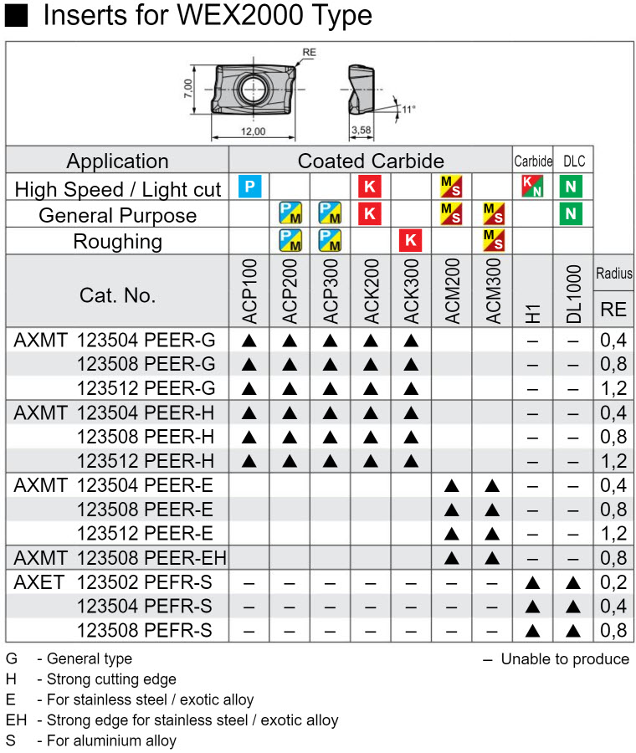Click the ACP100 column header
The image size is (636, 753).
pyautogui.click(x=249, y=291)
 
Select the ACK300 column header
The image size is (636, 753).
pyautogui.click(x=411, y=291)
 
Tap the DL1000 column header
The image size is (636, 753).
pyautogui.click(x=573, y=294)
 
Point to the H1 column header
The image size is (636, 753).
pyautogui.click(x=533, y=314)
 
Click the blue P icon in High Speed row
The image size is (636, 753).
pyautogui.click(x=249, y=187)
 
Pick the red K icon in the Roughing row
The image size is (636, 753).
pyautogui.click(x=411, y=240)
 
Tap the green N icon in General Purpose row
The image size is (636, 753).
pyautogui.click(x=571, y=213)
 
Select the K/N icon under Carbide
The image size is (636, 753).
pyautogui.click(x=532, y=187)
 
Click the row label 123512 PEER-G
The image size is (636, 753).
pyautogui.click(x=146, y=388)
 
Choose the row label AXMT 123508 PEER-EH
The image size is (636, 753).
pyautogui.click(x=121, y=558)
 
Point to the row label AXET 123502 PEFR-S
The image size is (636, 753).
pyautogui.click(x=113, y=582)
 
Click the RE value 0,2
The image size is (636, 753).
pyautogui.click(x=613, y=582)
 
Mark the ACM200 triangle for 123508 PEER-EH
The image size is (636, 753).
pyautogui.click(x=452, y=558)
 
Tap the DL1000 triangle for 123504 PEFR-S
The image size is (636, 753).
pyautogui.click(x=573, y=607)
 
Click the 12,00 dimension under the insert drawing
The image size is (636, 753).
pyautogui.click(x=254, y=131)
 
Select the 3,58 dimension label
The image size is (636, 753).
pyautogui.click(x=362, y=130)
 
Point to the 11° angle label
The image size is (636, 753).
pyautogui.click(x=408, y=109)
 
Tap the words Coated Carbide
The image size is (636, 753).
pyautogui.click(x=371, y=161)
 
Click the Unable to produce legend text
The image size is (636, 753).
pyautogui.click(x=565, y=659)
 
